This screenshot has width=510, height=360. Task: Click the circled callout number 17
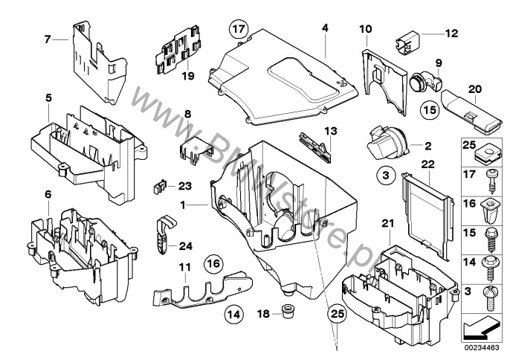(x=239, y=29)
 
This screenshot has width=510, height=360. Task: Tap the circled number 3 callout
(x=386, y=176)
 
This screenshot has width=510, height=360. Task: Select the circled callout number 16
(x=213, y=263)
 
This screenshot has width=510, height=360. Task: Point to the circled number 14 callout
(x=234, y=315)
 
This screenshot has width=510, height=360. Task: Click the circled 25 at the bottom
(x=338, y=314)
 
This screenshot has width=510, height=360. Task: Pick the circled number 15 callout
(x=430, y=109)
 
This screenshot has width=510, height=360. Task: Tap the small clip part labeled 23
(x=160, y=187)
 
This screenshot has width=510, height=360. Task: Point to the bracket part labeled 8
(x=196, y=149)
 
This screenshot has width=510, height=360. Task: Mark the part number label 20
(x=474, y=89)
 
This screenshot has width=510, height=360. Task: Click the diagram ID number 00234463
(x=482, y=348)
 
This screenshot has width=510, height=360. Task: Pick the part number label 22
(x=427, y=164)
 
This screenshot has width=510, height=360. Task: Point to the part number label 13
(x=330, y=132)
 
